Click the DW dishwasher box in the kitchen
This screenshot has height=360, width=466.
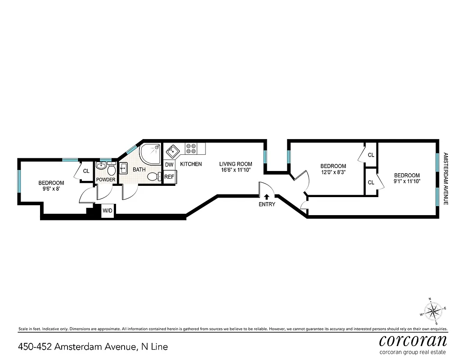[169, 165]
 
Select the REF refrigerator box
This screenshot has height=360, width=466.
[169, 177]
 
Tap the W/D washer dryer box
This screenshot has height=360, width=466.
[108, 211]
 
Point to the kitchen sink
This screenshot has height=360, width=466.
[172, 149]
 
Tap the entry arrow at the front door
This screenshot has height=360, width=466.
[267, 196]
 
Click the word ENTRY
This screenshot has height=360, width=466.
[267, 204]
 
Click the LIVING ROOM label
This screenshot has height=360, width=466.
[235, 164]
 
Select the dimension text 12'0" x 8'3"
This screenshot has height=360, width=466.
[333, 172]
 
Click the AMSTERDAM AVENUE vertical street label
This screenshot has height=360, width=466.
[446, 179]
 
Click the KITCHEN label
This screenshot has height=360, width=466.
[191, 164]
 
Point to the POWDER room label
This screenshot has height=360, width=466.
[106, 180]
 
